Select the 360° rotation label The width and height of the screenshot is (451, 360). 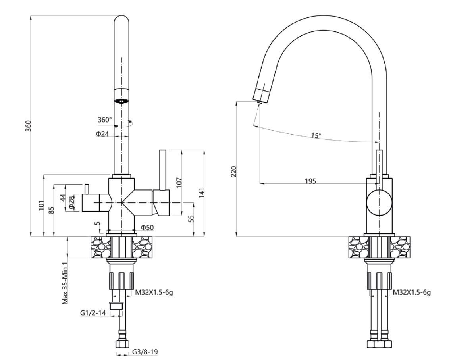[105, 119]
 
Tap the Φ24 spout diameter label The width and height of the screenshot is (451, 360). [102, 134]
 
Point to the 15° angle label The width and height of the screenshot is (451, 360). [316, 135]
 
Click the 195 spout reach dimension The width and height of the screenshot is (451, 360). [310, 181]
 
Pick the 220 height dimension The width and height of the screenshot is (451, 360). [233, 171]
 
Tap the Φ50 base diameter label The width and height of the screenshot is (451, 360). [147, 227]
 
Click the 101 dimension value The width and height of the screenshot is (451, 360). [42, 206]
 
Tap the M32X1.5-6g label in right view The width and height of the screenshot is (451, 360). [412, 293]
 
